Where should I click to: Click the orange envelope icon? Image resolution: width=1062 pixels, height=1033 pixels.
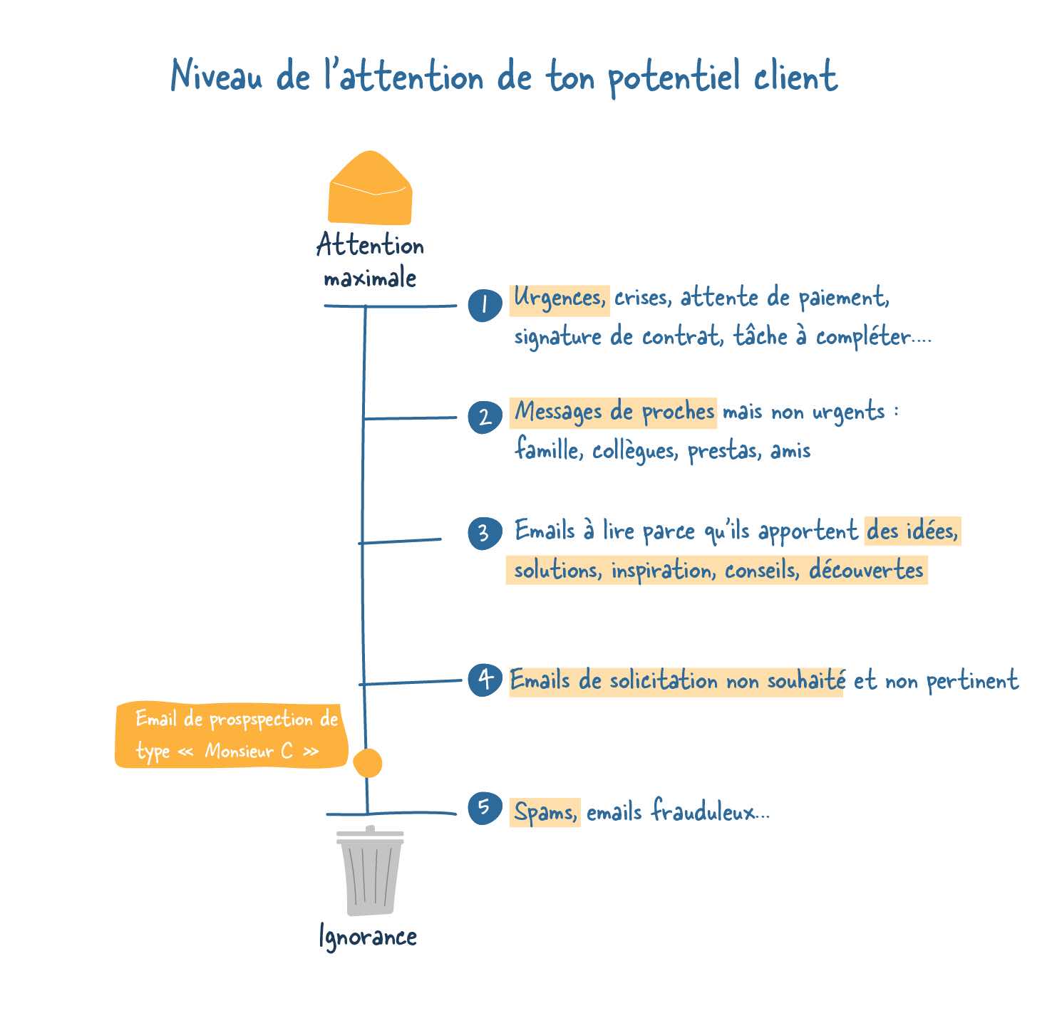(x=370, y=189)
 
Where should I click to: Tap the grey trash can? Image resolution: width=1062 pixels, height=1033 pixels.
(x=370, y=871)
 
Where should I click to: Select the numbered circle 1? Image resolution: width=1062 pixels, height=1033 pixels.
(x=485, y=305)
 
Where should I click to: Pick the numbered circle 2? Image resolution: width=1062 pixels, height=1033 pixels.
(x=485, y=417)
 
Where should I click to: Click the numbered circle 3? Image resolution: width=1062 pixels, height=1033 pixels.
(x=485, y=533)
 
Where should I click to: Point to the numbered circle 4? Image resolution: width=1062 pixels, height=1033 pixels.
(x=485, y=680)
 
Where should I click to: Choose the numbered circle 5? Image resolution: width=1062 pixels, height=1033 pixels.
(x=485, y=809)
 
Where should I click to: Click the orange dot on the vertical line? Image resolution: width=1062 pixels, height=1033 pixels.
(x=368, y=764)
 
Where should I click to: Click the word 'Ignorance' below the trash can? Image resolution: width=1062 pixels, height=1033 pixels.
(x=368, y=937)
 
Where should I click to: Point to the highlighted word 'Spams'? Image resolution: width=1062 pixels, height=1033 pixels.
(x=545, y=812)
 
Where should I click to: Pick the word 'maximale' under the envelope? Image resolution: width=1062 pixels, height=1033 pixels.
(x=370, y=278)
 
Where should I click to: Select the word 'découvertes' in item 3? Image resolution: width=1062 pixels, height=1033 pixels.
(x=866, y=571)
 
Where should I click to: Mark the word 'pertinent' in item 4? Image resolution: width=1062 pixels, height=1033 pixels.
(x=972, y=682)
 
